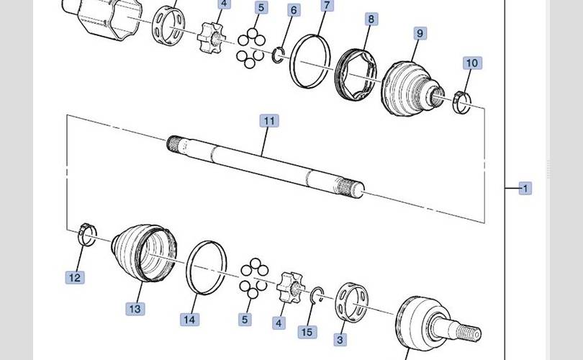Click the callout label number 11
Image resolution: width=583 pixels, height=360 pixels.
269,121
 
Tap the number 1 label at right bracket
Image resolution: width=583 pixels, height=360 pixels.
525,189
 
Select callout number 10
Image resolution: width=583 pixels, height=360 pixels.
472,63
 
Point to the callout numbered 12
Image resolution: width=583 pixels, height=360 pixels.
75,277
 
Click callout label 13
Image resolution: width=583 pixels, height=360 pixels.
135,309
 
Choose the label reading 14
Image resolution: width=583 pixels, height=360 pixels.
189,320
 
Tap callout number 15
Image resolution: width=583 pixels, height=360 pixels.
307,332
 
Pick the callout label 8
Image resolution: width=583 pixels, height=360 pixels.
371,19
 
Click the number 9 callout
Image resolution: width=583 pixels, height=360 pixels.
420,33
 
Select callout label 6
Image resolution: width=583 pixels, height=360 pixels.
294,10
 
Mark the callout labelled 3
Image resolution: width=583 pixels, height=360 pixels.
340,339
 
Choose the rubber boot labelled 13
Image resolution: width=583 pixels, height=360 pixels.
145,253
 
